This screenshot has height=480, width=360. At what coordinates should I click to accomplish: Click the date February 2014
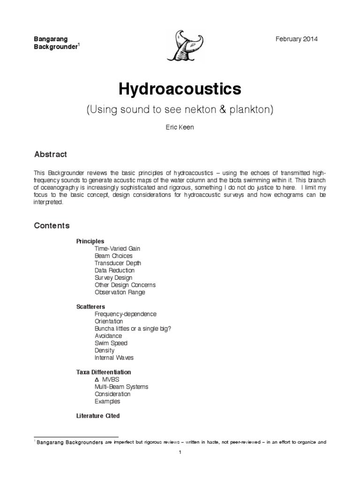(297, 39)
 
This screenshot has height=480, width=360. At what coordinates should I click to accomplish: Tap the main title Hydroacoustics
(180, 89)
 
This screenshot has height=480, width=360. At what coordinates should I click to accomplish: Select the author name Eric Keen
(180, 127)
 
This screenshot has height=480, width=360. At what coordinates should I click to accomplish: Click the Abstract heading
(51, 154)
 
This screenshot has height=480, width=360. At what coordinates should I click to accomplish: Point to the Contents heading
(52, 225)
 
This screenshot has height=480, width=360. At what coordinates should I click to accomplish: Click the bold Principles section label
(90, 241)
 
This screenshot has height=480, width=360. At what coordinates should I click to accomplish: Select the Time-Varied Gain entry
(117, 248)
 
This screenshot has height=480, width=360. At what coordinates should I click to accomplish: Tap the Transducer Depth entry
(118, 263)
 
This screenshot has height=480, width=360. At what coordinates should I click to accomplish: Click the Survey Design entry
(113, 277)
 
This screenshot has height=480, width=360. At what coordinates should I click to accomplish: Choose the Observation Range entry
(120, 292)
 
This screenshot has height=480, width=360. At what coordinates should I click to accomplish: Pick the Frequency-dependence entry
(126, 314)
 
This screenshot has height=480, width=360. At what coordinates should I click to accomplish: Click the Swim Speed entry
(111, 343)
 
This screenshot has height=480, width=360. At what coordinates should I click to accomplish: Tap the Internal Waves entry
(114, 357)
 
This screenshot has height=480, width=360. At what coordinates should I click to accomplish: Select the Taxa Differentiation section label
(104, 372)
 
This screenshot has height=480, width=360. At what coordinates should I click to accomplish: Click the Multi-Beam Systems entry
(121, 386)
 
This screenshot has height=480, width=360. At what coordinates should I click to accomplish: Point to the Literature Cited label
(98, 415)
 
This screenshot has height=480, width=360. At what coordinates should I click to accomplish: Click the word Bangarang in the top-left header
(51, 39)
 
